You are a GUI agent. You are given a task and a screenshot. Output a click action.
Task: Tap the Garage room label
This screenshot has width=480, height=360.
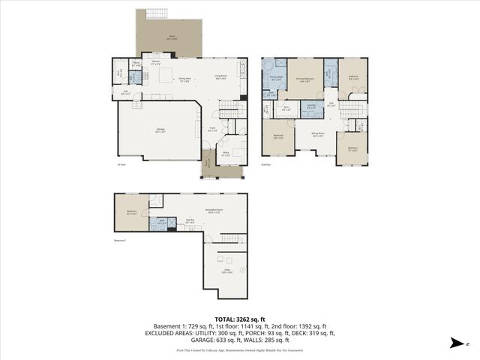point(160,130)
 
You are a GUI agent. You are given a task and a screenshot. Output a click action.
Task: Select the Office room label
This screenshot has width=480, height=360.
point(225,154)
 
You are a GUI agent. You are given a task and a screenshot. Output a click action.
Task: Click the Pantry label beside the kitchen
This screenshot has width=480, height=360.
point(136,65)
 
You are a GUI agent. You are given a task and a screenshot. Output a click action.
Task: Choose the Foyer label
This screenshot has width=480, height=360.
point(212,130)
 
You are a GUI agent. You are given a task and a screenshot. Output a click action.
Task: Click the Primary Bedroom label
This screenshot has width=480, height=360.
point(304,79)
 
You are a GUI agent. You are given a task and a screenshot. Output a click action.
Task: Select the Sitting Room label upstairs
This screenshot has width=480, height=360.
point(317,135)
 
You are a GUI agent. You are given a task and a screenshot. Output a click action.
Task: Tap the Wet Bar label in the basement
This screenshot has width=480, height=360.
point(189,222)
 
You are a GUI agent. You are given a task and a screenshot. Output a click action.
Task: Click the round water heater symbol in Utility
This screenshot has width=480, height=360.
point(242,269)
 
